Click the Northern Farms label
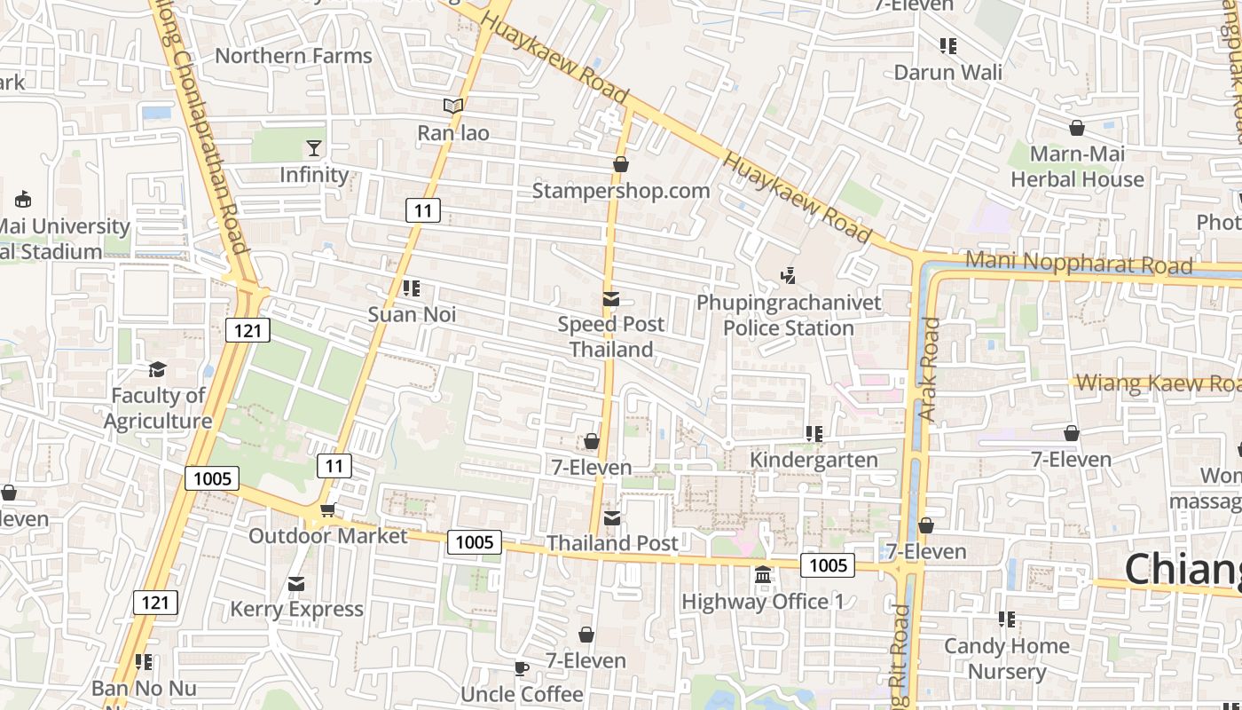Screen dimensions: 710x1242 click(294, 56)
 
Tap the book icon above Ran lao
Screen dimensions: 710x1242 click(453, 106)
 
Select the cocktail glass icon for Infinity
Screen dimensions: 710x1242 click(314, 147)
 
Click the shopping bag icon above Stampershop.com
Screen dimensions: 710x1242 click(621, 164)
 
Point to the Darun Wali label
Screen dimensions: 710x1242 click(948, 72)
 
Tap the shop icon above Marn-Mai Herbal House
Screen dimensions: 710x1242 click(1077, 128)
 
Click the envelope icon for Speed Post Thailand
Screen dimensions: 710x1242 click(611, 299)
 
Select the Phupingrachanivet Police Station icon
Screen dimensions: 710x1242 click(788, 276)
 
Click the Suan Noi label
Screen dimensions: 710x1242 click(412, 314)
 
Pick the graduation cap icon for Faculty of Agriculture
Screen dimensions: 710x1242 click(157, 369)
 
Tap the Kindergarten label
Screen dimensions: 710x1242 click(814, 460)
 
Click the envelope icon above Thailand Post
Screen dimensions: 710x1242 click(612, 517)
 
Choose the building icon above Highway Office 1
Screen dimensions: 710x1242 click(763, 576)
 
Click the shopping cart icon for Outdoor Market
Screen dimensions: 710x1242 click(327, 509)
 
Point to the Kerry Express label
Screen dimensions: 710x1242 click(296, 610)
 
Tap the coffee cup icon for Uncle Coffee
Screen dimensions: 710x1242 click(522, 668)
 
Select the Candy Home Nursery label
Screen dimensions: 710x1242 click(1006, 659)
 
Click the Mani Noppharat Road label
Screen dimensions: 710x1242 click(1078, 264)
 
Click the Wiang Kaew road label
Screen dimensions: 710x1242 click(1158, 383)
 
